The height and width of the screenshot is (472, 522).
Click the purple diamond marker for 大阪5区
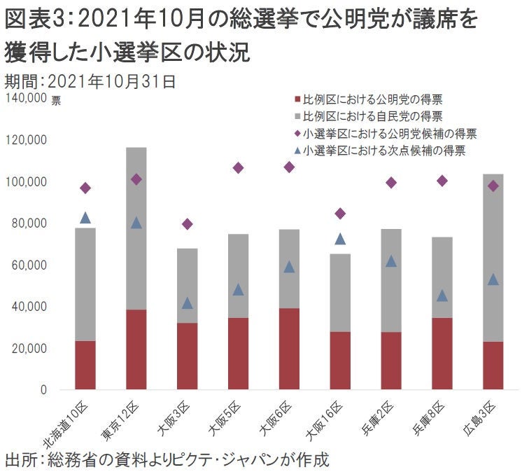pyautogui.click(x=238, y=168)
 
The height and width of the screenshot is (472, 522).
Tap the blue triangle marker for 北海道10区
pyautogui.click(x=85, y=218)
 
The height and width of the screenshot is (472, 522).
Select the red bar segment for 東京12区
pyautogui.click(x=136, y=349)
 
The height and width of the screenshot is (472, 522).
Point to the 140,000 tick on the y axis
pyautogui.click(x=25, y=98)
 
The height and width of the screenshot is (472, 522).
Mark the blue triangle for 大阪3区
pyautogui.click(x=187, y=303)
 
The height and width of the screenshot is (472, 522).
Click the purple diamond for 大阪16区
pyautogui.click(x=340, y=214)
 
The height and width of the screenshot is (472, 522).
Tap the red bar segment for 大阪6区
pyautogui.click(x=289, y=349)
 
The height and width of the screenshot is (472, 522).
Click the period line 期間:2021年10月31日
pyautogui.click(x=90, y=81)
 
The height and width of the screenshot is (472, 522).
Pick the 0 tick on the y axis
pyautogui.click(x=43, y=389)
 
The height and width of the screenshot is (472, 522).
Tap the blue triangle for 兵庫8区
pyautogui.click(x=442, y=296)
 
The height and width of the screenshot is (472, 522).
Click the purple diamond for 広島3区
pyautogui.click(x=493, y=186)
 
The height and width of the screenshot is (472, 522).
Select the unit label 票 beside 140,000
pyautogui.click(x=56, y=100)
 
